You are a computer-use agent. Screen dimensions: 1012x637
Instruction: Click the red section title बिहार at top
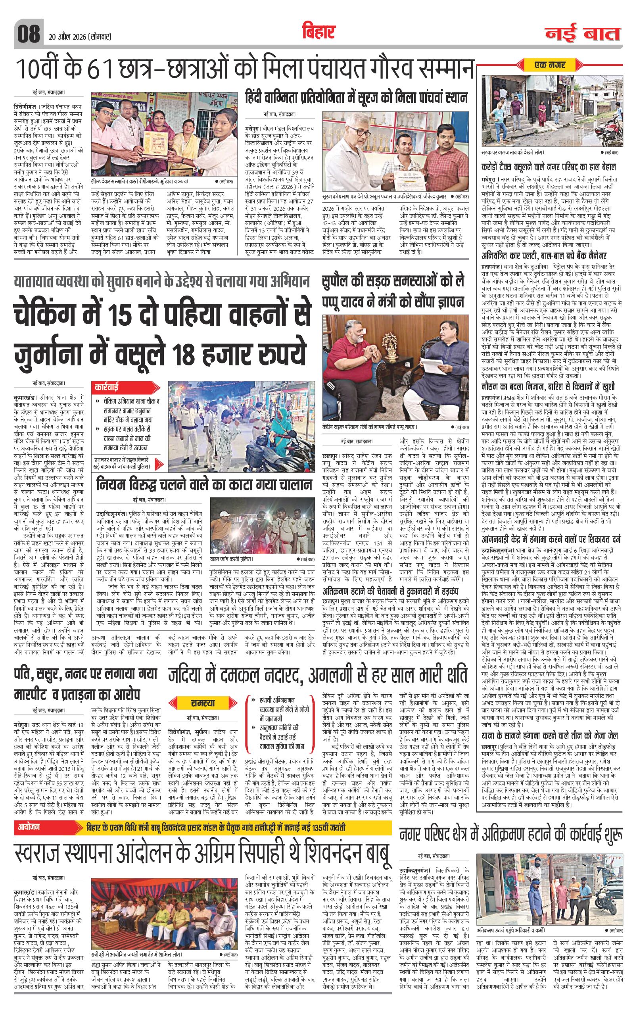pyautogui.click(x=318, y=31)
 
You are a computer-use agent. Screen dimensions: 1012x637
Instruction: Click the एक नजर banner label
pyautogui.click(x=550, y=65)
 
